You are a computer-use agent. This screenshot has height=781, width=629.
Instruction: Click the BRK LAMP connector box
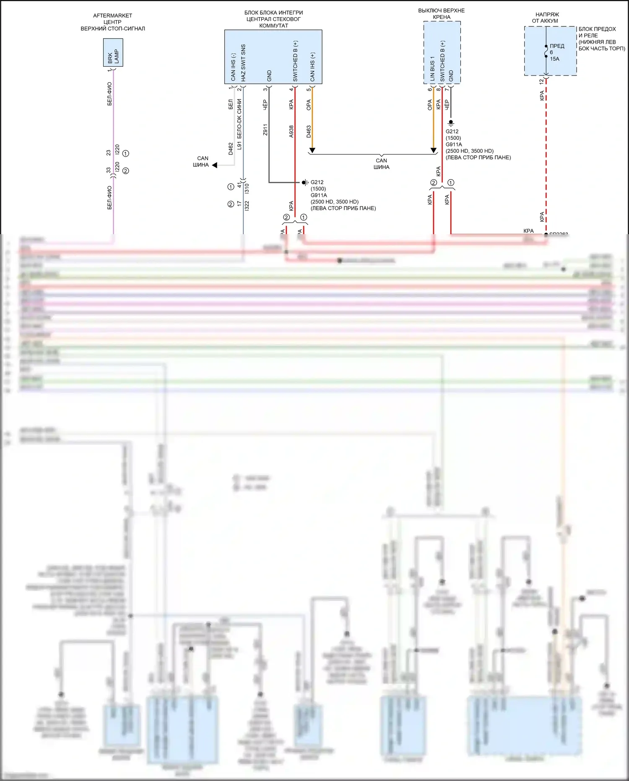click(x=113, y=52)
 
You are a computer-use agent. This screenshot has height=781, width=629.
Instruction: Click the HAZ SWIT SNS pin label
click(x=243, y=63)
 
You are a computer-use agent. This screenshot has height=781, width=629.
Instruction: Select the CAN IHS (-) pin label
click(x=233, y=67)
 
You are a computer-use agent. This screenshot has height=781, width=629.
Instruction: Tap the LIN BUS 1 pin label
click(x=432, y=68)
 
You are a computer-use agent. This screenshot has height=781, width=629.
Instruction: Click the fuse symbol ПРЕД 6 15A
click(x=546, y=52)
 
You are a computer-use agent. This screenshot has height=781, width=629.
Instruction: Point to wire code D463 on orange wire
click(x=309, y=131)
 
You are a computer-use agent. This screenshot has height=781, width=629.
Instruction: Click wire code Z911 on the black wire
click(x=265, y=130)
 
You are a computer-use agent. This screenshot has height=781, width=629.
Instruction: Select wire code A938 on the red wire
click(x=291, y=131)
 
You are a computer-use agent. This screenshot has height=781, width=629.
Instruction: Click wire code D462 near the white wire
click(x=231, y=149)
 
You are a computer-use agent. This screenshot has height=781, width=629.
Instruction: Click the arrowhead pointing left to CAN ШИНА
click(x=215, y=165)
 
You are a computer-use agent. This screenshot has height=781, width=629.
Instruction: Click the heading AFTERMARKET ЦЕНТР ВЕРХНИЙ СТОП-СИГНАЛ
click(x=113, y=22)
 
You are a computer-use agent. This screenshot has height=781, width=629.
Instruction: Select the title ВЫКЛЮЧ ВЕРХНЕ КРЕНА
click(x=442, y=14)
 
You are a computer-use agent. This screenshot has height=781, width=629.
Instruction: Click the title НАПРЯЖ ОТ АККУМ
click(x=546, y=18)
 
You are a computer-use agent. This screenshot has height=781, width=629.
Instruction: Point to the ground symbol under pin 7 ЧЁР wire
click(x=451, y=123)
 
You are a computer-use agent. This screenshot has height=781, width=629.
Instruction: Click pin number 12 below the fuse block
click(x=541, y=81)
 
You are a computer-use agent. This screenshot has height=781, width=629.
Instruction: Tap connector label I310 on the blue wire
click(x=247, y=188)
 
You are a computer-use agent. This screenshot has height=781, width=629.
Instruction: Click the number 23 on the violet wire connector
click(x=109, y=153)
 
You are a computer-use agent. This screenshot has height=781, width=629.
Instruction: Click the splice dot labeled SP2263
click(x=546, y=235)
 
